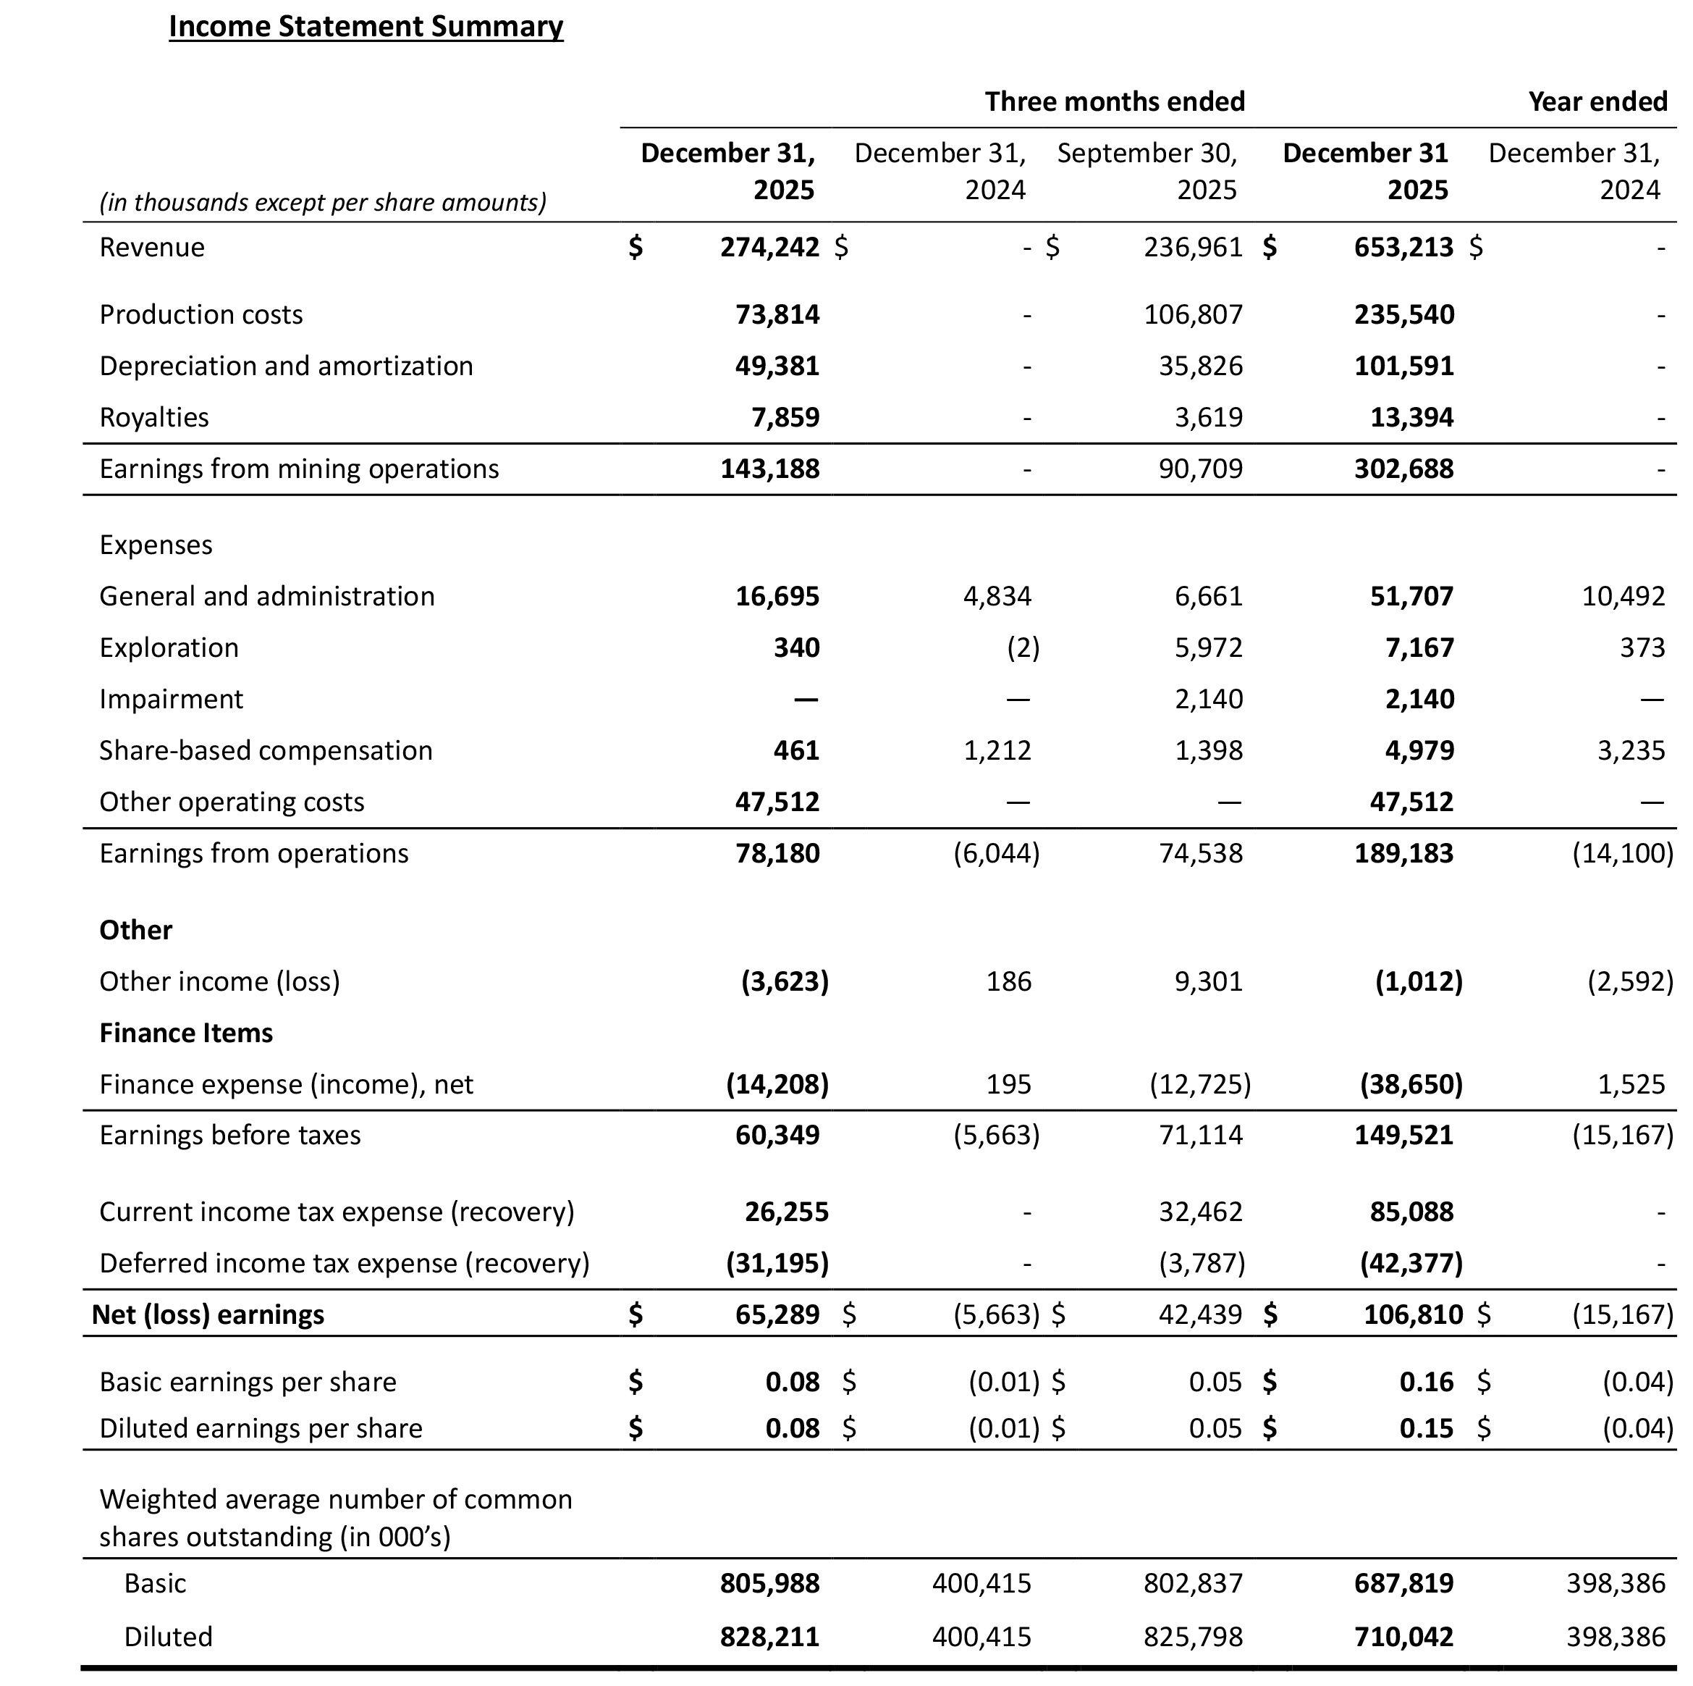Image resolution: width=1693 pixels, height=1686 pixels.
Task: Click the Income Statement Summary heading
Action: coord(366,26)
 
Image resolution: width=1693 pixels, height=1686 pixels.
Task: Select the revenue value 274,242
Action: coord(769,247)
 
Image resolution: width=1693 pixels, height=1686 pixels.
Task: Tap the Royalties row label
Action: coord(154,417)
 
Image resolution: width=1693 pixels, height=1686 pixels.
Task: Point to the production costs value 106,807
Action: coord(1193,315)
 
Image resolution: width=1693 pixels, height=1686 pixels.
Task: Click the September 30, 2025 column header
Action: coord(1147,171)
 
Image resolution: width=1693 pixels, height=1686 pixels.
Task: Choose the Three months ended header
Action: coord(1115,101)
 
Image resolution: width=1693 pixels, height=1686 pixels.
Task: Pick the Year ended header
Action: coord(1597,101)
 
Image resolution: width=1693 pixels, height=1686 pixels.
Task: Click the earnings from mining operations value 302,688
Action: coord(1403,469)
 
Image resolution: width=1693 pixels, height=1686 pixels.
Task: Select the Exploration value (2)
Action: coord(1023,648)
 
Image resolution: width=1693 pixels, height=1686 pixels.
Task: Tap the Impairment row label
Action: coord(171,700)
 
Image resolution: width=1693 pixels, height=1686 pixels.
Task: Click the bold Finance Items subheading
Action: coord(186,1033)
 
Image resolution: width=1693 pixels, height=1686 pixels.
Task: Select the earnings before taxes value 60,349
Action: coord(777,1136)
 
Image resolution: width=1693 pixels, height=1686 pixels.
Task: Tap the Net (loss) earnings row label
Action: coord(208,1315)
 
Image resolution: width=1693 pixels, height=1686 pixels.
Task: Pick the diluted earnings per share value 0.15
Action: coord(1426,1428)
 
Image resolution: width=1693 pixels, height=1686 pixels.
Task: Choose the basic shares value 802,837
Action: coord(1193,1583)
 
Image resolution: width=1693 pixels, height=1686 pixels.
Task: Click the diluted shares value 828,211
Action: coord(769,1637)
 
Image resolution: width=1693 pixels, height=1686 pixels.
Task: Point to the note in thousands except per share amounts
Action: coord(323,203)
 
